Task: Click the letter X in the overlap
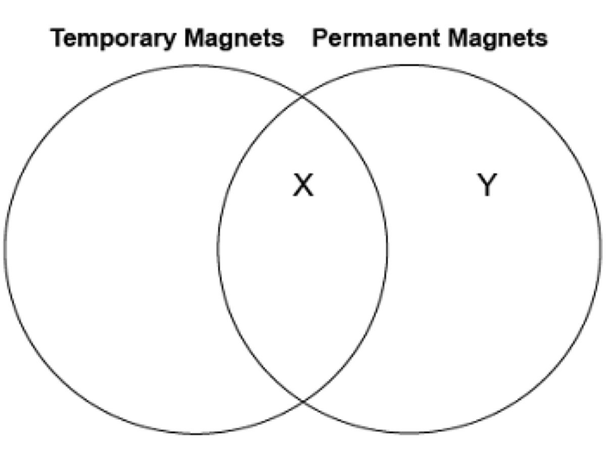304,185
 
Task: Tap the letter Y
487,185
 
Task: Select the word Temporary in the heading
113,39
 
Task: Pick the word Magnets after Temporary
234,39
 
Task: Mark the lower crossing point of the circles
303,401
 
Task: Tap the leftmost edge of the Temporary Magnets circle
6,249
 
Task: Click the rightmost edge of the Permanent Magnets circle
601,249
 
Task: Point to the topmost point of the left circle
196,65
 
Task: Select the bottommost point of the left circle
196,433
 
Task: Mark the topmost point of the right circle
410,65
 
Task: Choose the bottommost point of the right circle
410,433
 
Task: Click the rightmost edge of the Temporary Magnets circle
387,249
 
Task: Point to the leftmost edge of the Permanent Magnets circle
218,249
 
